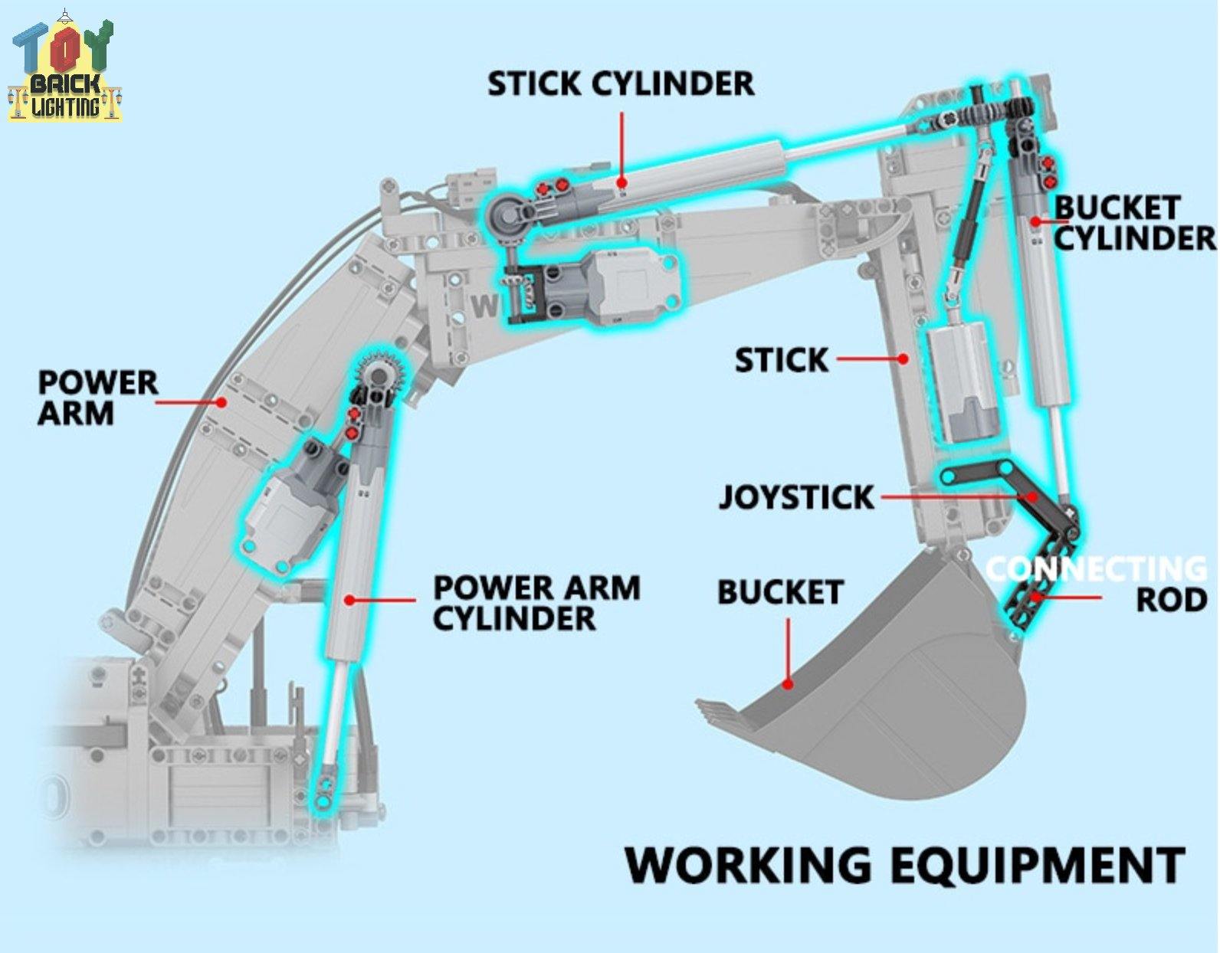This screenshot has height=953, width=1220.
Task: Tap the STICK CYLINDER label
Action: (x=621, y=84)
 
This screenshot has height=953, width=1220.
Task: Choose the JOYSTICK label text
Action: (x=795, y=497)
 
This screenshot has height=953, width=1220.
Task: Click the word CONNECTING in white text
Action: (x=1096, y=569)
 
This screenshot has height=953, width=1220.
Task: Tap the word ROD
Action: (x=1171, y=600)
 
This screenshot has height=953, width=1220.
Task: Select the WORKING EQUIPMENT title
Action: (x=904, y=866)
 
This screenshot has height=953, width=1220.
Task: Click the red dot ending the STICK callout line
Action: (x=904, y=358)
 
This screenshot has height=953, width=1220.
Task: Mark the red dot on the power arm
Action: (x=221, y=401)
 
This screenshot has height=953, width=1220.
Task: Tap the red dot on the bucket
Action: (x=787, y=684)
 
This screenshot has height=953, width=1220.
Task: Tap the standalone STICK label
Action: (x=781, y=359)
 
